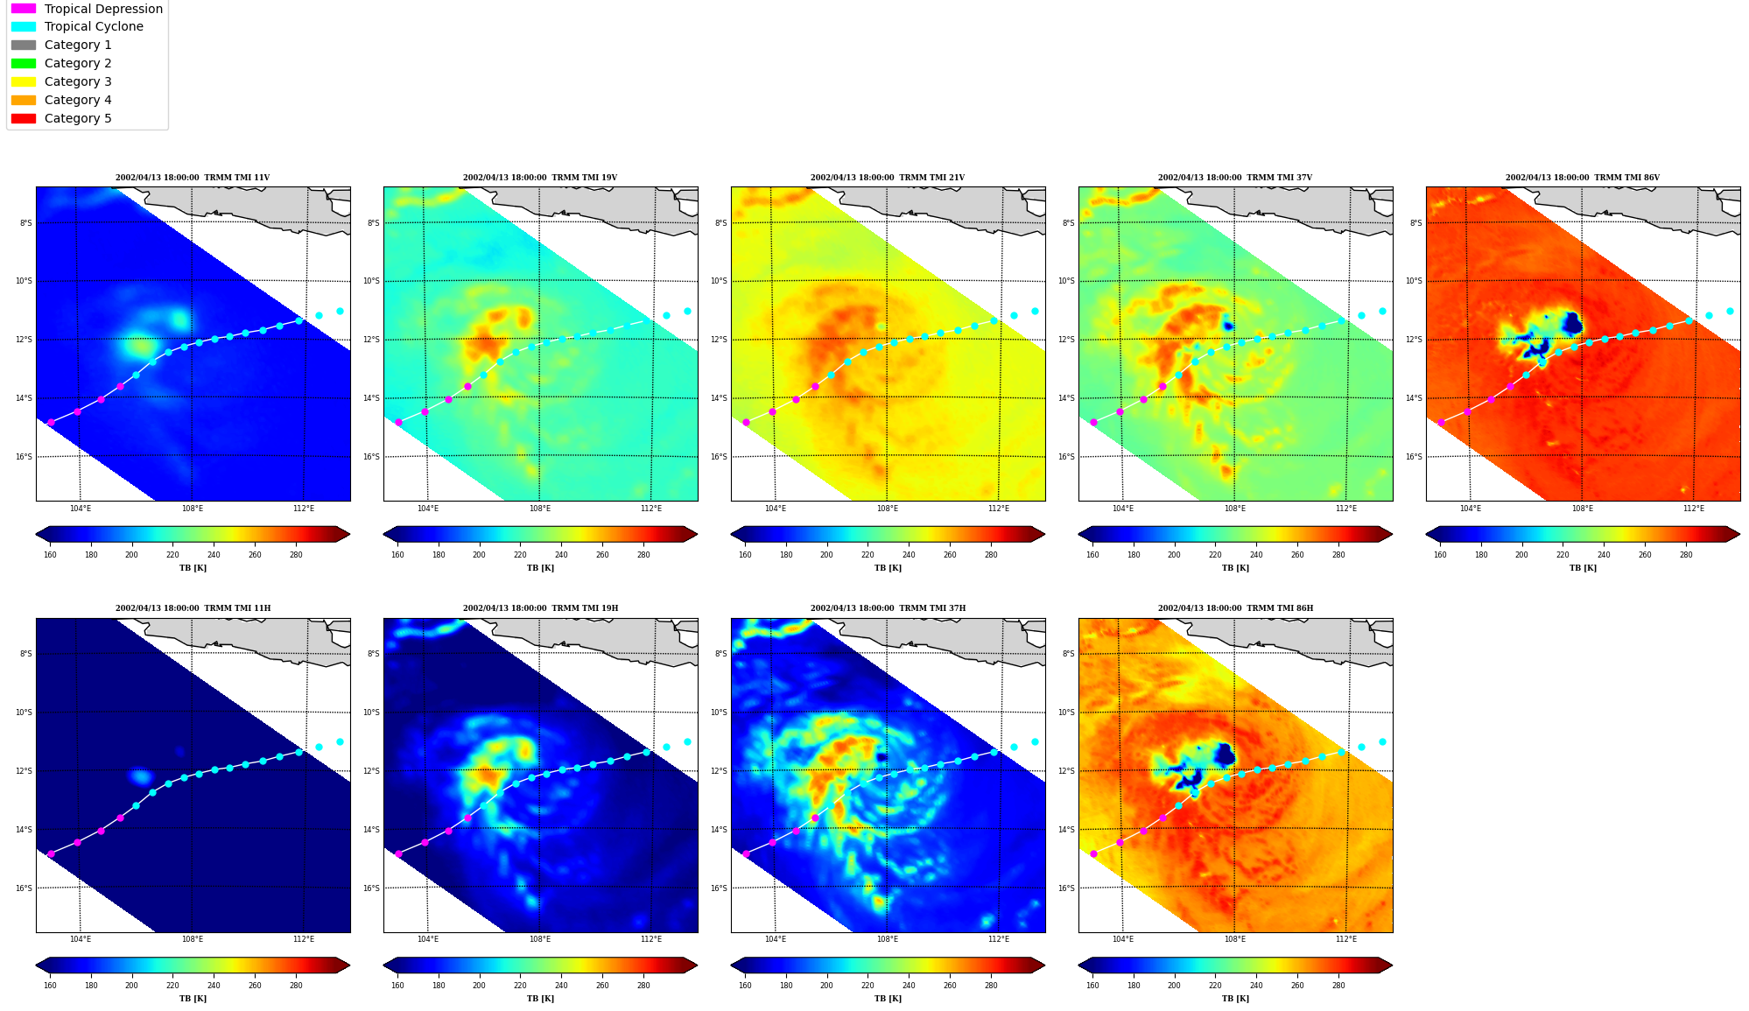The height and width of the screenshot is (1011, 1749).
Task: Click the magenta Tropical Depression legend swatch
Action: [x=24, y=9]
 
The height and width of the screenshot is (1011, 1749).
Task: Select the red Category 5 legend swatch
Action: [x=24, y=118]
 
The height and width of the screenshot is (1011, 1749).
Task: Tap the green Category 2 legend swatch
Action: [x=24, y=63]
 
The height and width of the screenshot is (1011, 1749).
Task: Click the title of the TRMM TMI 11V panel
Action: [x=193, y=178]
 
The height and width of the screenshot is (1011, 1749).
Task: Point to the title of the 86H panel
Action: [x=1235, y=608]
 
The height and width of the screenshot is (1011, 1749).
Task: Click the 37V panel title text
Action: [x=1235, y=178]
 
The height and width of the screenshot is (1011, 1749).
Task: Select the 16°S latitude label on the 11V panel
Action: [x=24, y=457]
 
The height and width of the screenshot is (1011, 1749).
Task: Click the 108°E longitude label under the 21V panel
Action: [x=888, y=509]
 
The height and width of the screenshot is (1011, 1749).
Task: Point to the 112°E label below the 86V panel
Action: [x=1694, y=509]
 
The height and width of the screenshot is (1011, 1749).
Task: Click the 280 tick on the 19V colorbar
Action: [x=643, y=555]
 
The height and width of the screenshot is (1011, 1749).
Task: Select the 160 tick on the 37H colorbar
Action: [x=745, y=986]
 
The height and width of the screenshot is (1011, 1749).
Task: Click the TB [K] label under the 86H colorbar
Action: [x=1235, y=999]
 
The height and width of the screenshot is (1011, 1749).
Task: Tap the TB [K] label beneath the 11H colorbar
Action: [x=193, y=999]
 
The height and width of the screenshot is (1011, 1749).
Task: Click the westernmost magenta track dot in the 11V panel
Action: [x=51, y=422]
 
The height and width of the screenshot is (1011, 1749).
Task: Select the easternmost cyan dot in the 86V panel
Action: [x=1730, y=311]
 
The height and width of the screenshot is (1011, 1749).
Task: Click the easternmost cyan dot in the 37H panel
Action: [x=1035, y=741]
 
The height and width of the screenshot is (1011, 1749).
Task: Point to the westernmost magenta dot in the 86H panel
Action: [x=1093, y=853]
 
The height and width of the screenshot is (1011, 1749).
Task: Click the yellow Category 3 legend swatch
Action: [x=24, y=81]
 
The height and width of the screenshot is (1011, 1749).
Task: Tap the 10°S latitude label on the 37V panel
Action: [x=1068, y=281]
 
